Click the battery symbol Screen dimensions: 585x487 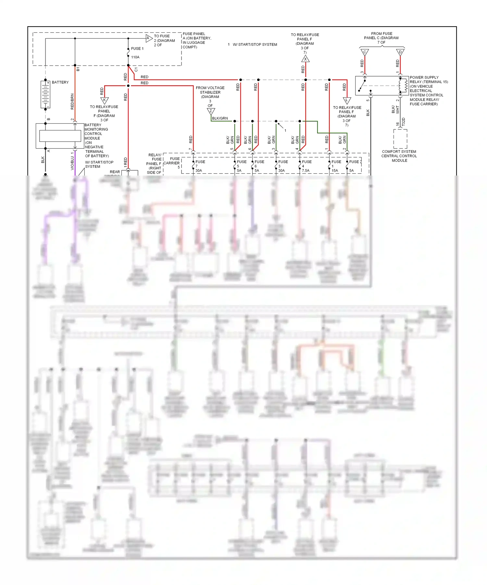pos(45,94)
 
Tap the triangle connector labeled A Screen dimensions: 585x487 pos(149,38)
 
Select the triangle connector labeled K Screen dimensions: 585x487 pos(104,100)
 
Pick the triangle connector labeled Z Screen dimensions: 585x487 pos(211,111)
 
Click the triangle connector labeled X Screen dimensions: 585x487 pos(305,59)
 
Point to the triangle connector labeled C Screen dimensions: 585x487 pos(365,52)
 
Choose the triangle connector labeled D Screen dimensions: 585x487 pos(400,52)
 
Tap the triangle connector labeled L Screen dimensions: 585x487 pos(347,100)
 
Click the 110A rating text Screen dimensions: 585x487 pos(135,57)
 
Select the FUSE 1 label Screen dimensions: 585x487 pos(137,49)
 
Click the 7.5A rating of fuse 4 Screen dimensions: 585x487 pos(306,170)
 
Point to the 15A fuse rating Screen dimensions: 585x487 pos(335,170)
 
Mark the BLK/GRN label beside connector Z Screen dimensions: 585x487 pos(220,118)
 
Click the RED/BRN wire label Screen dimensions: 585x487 pos(72,102)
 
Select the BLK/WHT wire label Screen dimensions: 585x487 pos(395,109)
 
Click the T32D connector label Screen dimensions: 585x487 pos(404,122)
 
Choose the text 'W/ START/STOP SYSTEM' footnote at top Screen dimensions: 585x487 pos(255,44)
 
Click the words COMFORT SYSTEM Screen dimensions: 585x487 pos(399,152)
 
